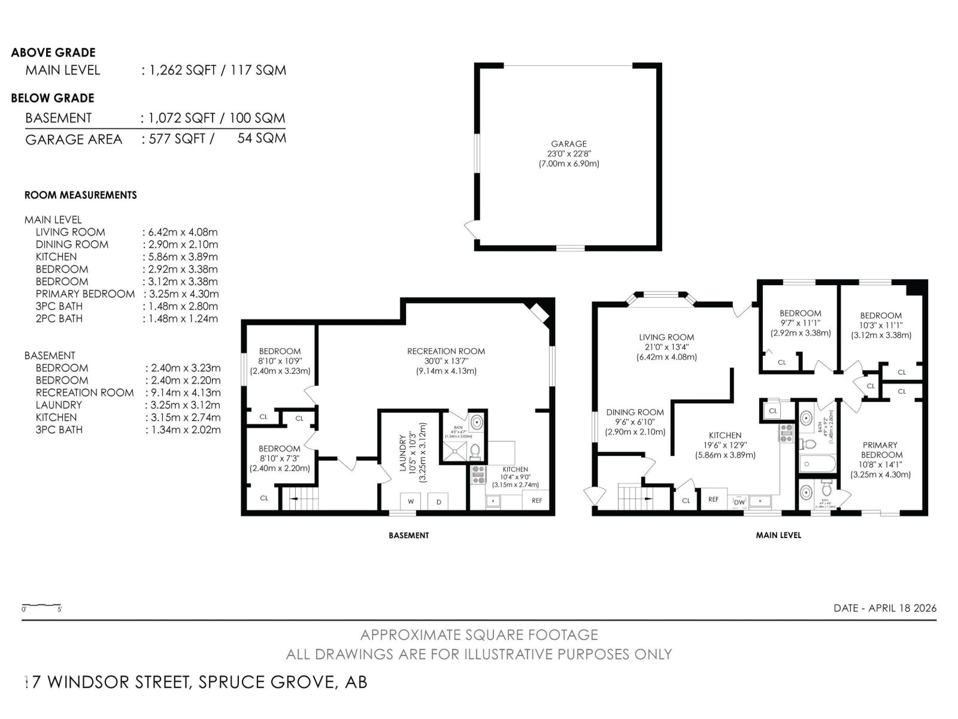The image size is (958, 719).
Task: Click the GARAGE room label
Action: click(569, 144)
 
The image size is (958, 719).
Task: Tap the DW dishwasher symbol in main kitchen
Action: click(739, 502)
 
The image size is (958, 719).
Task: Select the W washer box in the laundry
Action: click(411, 501)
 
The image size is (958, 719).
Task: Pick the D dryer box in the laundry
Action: click(439, 501)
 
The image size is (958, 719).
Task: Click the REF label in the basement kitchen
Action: click(536, 500)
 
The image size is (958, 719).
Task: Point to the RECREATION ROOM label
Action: click(446, 351)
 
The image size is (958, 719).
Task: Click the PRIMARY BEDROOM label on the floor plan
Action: click(880, 449)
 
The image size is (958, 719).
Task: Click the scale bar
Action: click(41, 605)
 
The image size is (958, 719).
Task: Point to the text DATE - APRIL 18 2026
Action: click(884, 608)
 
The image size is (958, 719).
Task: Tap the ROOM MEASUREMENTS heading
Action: click(80, 195)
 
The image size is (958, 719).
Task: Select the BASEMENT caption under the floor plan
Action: click(408, 535)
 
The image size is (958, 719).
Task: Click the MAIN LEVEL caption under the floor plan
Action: click(778, 535)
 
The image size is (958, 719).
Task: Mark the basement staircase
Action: click(300, 498)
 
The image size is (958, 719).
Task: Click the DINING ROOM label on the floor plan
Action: click(635, 412)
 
